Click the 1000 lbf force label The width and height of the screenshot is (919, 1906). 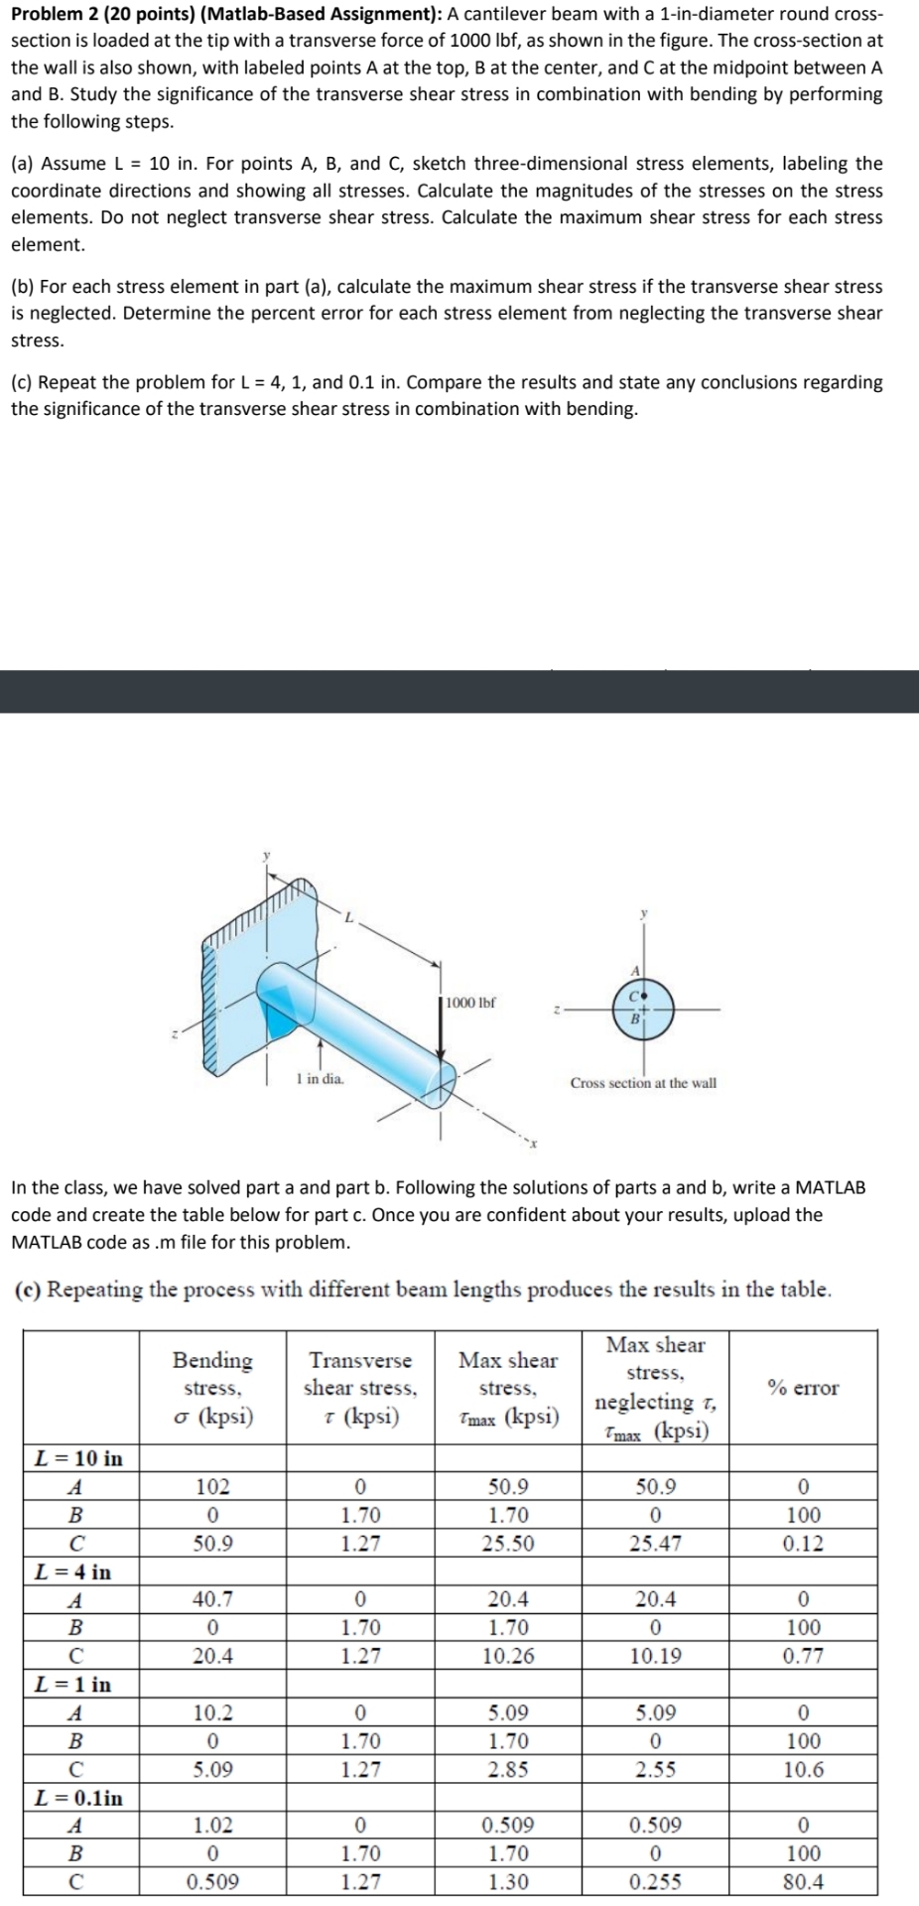tap(470, 1003)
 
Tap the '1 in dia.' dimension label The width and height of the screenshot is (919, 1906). tap(321, 1079)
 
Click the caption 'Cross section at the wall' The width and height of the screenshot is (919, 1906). tap(643, 1083)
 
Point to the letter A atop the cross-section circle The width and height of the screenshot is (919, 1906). tap(633, 968)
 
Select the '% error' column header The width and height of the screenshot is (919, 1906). tap(803, 1388)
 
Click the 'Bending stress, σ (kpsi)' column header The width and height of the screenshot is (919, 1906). tap(212, 1388)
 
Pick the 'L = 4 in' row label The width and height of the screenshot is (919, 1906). tap(73, 1571)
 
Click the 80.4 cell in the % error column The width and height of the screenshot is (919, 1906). tap(803, 1881)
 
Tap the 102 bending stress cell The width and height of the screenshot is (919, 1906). tap(212, 1486)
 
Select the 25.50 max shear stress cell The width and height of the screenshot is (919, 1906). tap(508, 1544)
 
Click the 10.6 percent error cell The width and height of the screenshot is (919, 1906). tap(803, 1769)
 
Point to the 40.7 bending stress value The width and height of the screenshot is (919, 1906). tap(212, 1599)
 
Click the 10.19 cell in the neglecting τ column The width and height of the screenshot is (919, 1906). tap(656, 1656)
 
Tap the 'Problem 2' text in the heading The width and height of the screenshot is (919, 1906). tap(55, 14)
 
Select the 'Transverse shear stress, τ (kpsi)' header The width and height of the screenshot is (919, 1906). tap(360, 1388)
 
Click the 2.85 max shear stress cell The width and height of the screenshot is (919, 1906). tap(508, 1769)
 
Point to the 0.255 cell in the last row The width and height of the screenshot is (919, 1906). tap(656, 1881)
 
